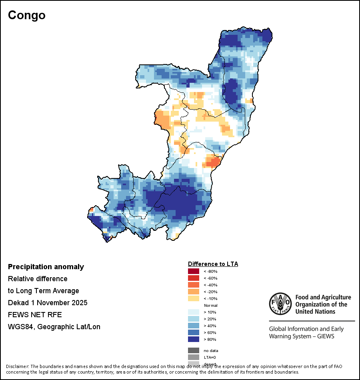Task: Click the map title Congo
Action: [27, 15]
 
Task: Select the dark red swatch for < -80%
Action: [194, 271]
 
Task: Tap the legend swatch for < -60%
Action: [194, 278]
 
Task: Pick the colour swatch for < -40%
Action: [194, 285]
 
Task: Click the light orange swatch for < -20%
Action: [194, 292]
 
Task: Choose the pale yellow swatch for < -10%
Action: [194, 298]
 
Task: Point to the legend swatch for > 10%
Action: [194, 312]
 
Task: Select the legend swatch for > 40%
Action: [194, 326]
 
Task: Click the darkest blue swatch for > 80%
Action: [194, 339]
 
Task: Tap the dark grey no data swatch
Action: [194, 350]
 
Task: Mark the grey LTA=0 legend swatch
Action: [194, 357]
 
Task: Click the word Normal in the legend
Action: [210, 305]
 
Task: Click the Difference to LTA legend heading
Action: [213, 264]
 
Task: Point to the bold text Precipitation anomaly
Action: [46, 267]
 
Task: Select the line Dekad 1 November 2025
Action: [48, 303]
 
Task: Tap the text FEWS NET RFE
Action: [35, 315]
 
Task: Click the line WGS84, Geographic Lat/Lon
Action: [54, 327]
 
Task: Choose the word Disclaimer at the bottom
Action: [17, 366]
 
